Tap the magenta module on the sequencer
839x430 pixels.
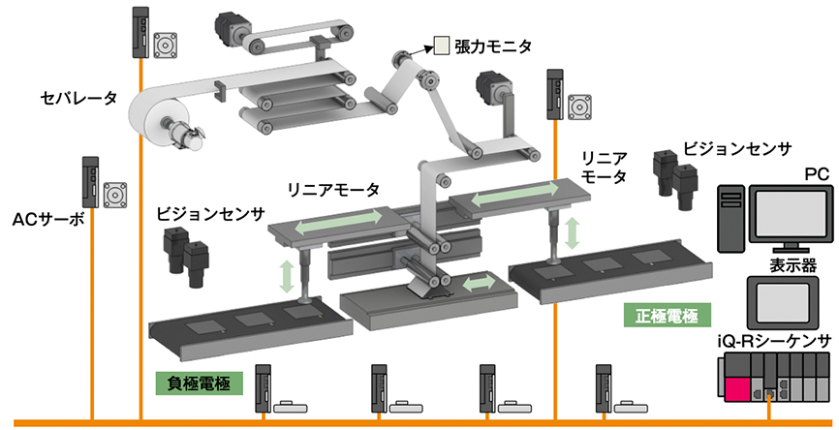[x=734, y=389]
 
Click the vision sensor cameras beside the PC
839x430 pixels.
[x=675, y=176]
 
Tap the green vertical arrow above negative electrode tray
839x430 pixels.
[x=287, y=276]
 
